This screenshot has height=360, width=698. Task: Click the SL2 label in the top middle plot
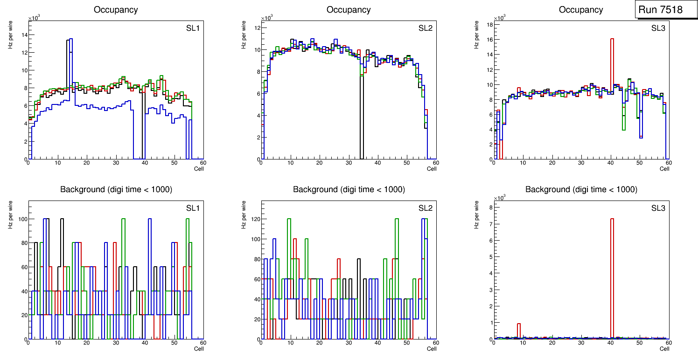pyautogui.click(x=425, y=28)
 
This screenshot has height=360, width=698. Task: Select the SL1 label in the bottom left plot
pyautogui.click(x=192, y=208)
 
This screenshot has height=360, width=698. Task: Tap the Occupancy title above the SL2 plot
pyautogui.click(x=349, y=10)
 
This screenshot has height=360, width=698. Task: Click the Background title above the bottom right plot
pyautogui.click(x=581, y=189)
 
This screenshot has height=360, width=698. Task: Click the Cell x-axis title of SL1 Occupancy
pyautogui.click(x=199, y=168)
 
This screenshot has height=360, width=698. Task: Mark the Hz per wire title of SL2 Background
pyautogui.click(x=244, y=215)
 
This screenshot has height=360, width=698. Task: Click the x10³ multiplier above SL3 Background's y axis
pyautogui.click(x=500, y=197)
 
